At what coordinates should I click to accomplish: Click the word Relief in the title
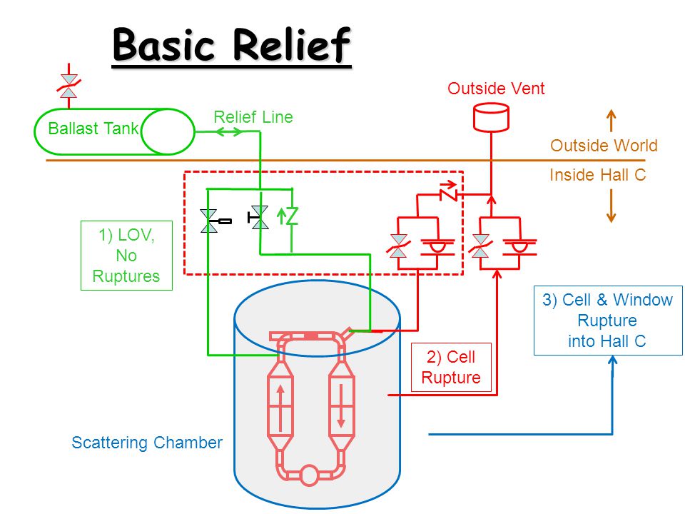click(x=291, y=44)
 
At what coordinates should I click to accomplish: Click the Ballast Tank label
click(x=93, y=128)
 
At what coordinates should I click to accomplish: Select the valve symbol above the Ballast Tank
click(x=68, y=86)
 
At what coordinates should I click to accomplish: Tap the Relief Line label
click(x=253, y=117)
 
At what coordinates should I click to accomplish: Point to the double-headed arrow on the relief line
click(x=229, y=131)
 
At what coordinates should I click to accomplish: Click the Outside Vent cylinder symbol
click(x=491, y=117)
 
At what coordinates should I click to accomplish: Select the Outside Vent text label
click(x=496, y=89)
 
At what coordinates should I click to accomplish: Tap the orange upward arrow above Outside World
click(x=612, y=121)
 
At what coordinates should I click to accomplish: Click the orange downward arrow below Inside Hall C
click(x=612, y=206)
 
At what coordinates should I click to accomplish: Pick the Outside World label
click(x=604, y=146)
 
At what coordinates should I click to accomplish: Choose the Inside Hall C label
click(x=598, y=175)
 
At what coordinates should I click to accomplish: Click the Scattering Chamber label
click(x=147, y=443)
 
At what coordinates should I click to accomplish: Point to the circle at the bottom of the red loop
click(x=310, y=475)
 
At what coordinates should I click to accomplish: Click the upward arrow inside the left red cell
click(x=280, y=408)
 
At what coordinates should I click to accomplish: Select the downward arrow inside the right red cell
click(x=341, y=405)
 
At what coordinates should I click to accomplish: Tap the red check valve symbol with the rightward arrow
click(x=448, y=191)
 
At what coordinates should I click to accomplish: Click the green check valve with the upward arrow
click(x=287, y=215)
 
